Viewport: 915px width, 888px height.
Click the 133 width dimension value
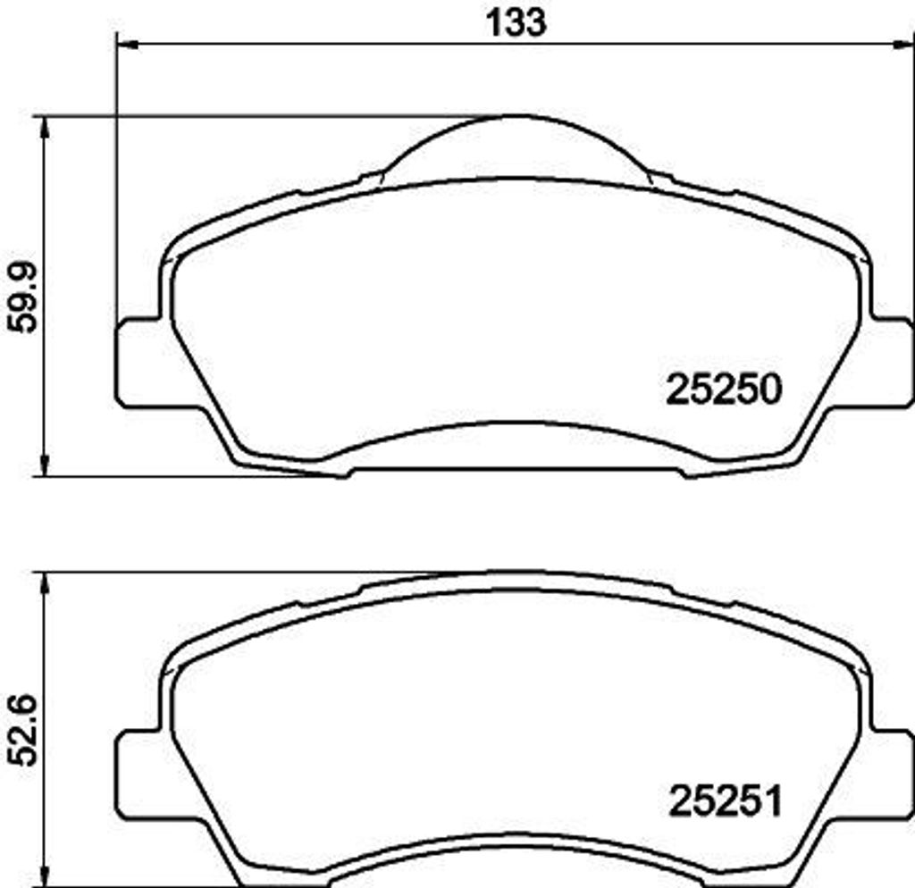516,22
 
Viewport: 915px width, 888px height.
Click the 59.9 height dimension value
22,297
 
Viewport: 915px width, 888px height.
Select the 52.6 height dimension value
22,731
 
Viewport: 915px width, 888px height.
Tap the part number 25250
724,390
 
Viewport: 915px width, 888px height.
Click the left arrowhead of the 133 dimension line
129,45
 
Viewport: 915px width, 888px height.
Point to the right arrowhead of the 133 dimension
904,45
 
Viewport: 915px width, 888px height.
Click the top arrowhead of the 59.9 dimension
45,127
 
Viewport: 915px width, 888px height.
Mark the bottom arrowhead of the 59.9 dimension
45,465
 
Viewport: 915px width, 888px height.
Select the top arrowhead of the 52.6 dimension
45,583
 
